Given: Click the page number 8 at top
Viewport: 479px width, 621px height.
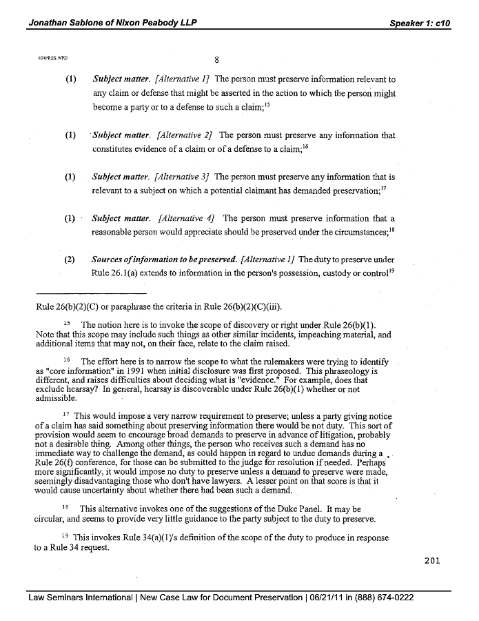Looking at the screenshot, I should coord(216,59).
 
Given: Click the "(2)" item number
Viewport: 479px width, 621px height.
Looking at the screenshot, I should coord(70,260).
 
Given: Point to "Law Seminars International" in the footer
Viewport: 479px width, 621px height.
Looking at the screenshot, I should coord(81,598).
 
